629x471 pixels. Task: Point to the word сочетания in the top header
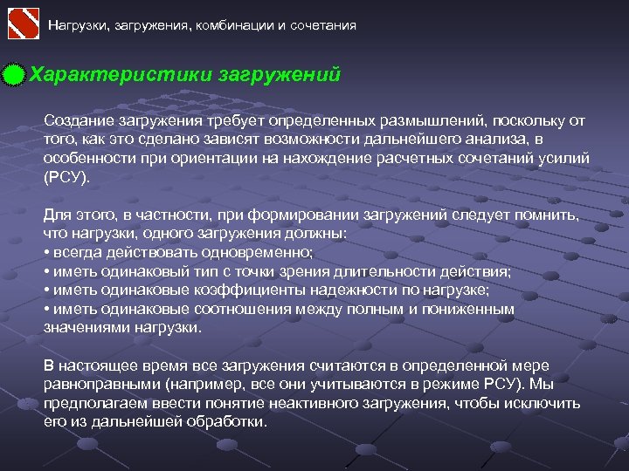point(321,25)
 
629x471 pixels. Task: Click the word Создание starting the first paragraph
point(75,120)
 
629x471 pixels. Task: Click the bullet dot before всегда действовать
point(46,252)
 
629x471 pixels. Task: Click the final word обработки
point(232,421)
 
